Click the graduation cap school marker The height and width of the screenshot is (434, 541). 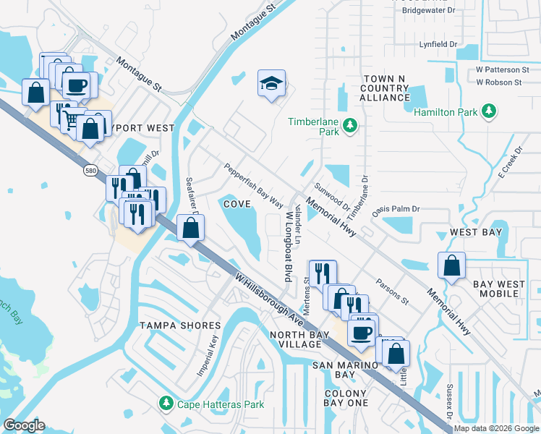tap(271, 84)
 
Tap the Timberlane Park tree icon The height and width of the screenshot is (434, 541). tap(350, 126)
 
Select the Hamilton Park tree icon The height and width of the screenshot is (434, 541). tap(490, 111)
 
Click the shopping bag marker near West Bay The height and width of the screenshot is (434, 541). tap(451, 265)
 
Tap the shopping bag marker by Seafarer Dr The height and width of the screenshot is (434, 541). tap(190, 228)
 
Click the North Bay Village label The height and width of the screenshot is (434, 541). tap(295, 339)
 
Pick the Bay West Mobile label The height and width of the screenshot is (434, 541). tap(500, 289)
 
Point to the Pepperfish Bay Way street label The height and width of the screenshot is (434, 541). tap(253, 185)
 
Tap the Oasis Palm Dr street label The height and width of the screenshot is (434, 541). tap(396, 210)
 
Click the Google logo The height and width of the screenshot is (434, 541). tap(25, 425)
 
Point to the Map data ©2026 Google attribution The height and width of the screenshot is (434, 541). tap(496, 428)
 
